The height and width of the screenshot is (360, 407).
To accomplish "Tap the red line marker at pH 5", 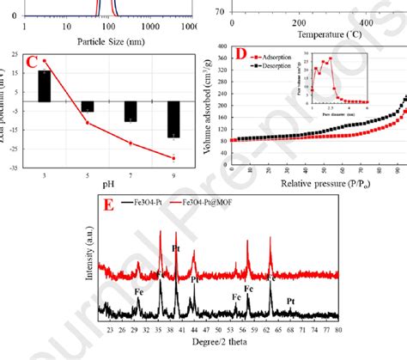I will [88, 123].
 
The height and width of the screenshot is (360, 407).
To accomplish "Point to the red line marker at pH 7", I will [131, 143].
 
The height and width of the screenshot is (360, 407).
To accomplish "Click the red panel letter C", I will [31, 62].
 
